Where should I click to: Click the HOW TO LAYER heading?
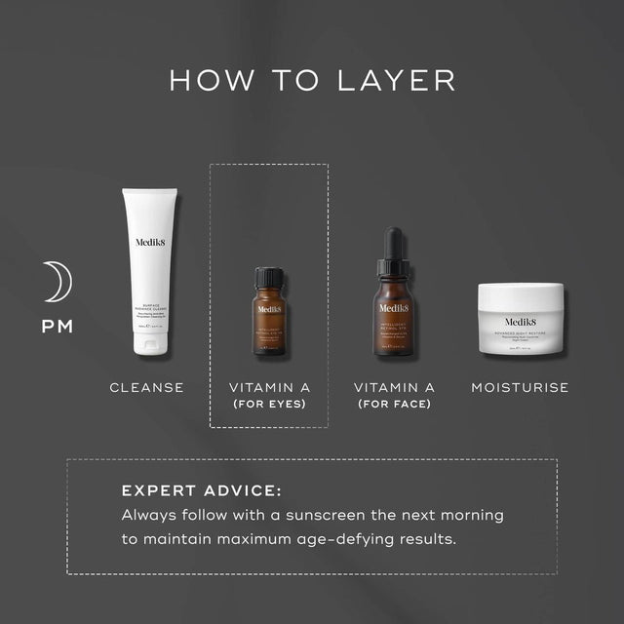click(x=312, y=79)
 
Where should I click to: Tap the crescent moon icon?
click(x=57, y=282)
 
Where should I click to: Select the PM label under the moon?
click(x=57, y=326)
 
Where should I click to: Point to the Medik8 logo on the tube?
click(x=149, y=246)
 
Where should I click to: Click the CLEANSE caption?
click(x=146, y=387)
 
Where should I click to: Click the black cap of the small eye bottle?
click(x=269, y=278)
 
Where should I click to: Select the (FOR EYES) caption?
click(x=269, y=404)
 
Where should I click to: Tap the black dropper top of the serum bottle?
click(x=393, y=249)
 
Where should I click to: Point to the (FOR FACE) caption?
click(x=393, y=404)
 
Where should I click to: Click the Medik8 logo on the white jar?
click(x=520, y=321)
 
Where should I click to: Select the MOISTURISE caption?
click(x=520, y=387)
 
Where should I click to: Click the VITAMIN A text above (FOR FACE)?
click(x=393, y=387)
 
